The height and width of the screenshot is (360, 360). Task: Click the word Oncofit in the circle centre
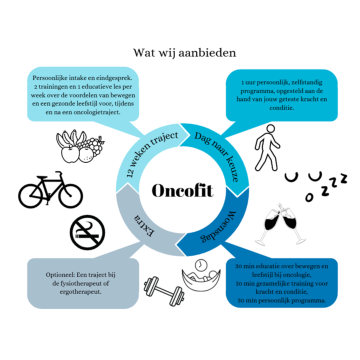181,190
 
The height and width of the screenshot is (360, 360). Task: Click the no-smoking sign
87,232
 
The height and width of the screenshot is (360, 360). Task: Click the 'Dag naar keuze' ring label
217,152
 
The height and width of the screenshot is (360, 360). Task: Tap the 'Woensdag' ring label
222,224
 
